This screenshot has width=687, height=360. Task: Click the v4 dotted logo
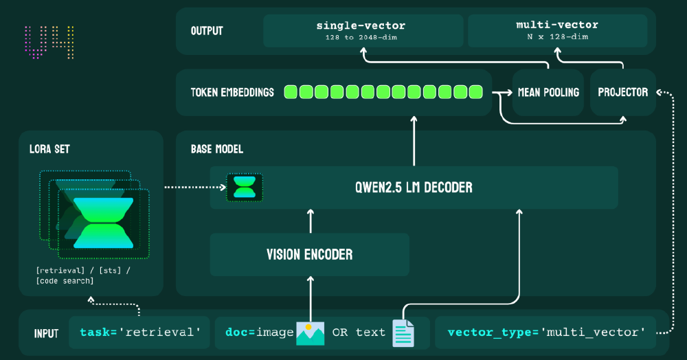(x=49, y=43)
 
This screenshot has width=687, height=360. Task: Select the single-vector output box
(x=362, y=31)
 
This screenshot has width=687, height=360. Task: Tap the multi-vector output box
(x=557, y=31)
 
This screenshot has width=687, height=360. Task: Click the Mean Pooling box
(x=548, y=92)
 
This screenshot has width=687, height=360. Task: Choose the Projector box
(x=622, y=92)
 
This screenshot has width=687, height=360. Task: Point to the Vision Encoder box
(x=309, y=255)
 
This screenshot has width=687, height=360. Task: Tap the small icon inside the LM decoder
(x=245, y=187)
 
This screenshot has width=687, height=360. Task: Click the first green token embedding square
(x=291, y=92)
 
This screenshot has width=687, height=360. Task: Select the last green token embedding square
(x=475, y=92)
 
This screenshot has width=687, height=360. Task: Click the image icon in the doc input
(x=310, y=333)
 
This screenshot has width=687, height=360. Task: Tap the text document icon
(x=403, y=333)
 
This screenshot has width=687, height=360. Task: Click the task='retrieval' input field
(x=140, y=333)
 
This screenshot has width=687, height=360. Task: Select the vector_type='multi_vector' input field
(x=546, y=333)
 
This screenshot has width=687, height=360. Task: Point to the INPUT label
(x=46, y=334)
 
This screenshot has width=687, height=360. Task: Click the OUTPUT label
(x=207, y=31)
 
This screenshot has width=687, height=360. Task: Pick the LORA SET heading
(x=49, y=149)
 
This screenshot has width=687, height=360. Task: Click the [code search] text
(x=65, y=281)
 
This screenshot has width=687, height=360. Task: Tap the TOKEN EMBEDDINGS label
(x=232, y=92)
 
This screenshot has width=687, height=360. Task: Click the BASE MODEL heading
(x=216, y=149)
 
